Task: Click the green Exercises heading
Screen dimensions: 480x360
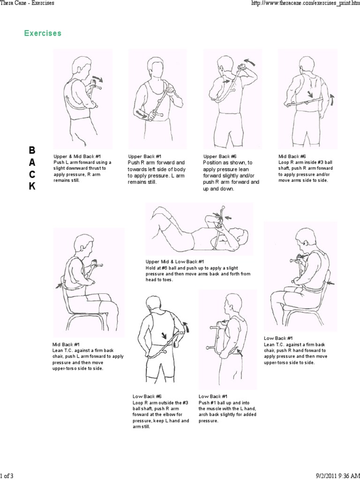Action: pyautogui.click(x=43, y=34)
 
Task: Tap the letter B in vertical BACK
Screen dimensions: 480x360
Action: pyautogui.click(x=32, y=150)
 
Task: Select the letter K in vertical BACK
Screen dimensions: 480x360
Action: pyautogui.click(x=32, y=186)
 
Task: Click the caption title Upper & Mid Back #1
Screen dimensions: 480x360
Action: pyautogui.click(x=77, y=156)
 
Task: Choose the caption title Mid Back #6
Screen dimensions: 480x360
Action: pyautogui.click(x=292, y=156)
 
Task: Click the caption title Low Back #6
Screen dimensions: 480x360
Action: pyautogui.click(x=147, y=396)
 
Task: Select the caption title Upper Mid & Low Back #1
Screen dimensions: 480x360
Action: pyautogui.click(x=175, y=262)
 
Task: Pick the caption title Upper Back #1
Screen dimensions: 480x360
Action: pyautogui.click(x=145, y=156)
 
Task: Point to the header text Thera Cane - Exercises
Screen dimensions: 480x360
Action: pyautogui.click(x=27, y=3)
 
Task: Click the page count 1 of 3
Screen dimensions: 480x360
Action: pyautogui.click(x=7, y=476)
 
